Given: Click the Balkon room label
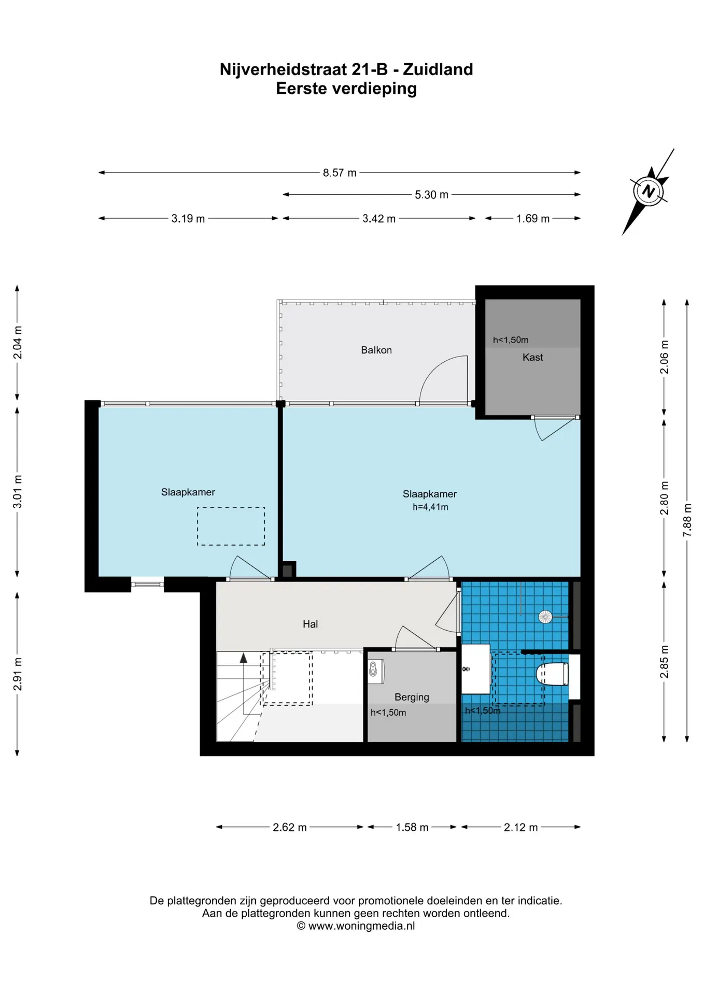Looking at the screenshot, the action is pos(376,350).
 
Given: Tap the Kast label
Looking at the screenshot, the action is pos(533,357).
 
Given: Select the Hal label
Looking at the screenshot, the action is pos(311,624).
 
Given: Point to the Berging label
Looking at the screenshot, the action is pos(412,698).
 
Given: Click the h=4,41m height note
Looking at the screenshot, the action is pos(431,507).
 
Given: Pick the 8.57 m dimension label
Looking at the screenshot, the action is pos(340,173).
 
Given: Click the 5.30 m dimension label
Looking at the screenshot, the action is pos(431,195).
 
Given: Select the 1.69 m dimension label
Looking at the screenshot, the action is pos(533,219).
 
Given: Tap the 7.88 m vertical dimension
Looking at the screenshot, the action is pos(687,520).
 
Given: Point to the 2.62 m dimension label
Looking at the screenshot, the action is pos(290,827).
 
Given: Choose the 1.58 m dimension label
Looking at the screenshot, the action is pos(412,827).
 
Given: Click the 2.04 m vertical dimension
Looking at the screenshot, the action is pos(18,343).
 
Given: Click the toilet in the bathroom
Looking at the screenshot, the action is pos(552,674).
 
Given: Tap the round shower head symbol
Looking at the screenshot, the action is pos(545,617).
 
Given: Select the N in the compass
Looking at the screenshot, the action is pos(648,191).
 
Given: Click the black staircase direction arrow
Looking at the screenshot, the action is pos(244,658).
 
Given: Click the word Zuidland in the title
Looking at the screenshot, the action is pos(438,69).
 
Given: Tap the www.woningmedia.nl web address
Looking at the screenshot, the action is pos(362,926).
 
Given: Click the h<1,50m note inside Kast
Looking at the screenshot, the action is pos(511,340).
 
